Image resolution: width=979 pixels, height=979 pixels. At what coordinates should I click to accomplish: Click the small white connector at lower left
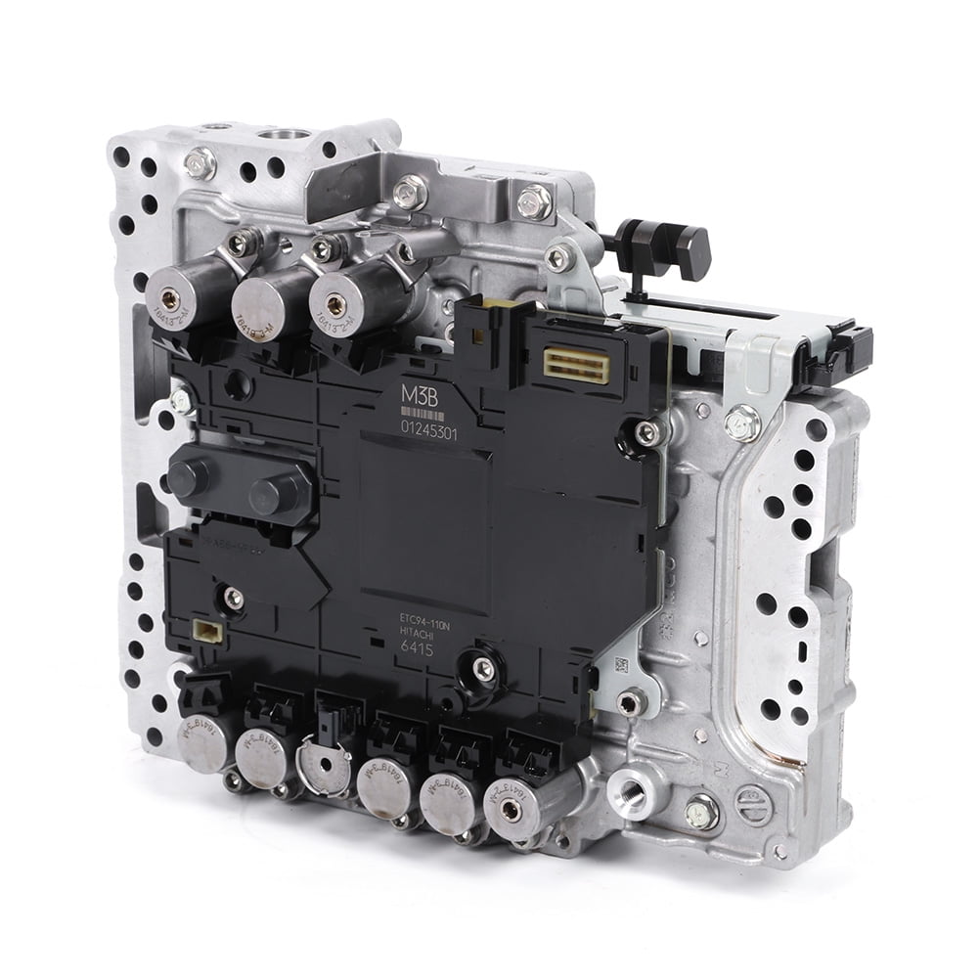pyautogui.click(x=205, y=632)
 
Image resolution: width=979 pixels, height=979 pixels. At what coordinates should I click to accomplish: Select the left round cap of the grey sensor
pyautogui.click(x=190, y=476)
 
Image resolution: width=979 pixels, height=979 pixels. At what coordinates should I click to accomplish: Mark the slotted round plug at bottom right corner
pyautogui.click(x=753, y=804)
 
